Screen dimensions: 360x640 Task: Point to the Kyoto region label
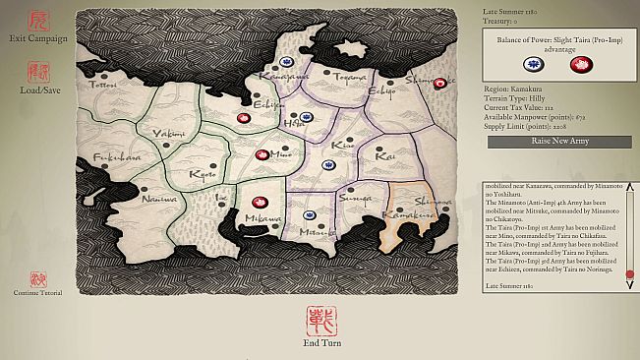pyautogui.click(x=203, y=175)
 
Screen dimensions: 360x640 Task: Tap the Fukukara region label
pyautogui.click(x=117, y=156)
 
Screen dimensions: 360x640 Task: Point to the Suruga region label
pyautogui.click(x=350, y=199)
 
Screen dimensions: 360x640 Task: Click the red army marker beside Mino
pyautogui.click(x=262, y=154)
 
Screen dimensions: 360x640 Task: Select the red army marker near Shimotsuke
pyautogui.click(x=439, y=83)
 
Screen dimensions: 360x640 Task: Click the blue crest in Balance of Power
pyautogui.click(x=531, y=64)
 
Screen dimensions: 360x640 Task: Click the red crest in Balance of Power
pyautogui.click(x=581, y=64)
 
